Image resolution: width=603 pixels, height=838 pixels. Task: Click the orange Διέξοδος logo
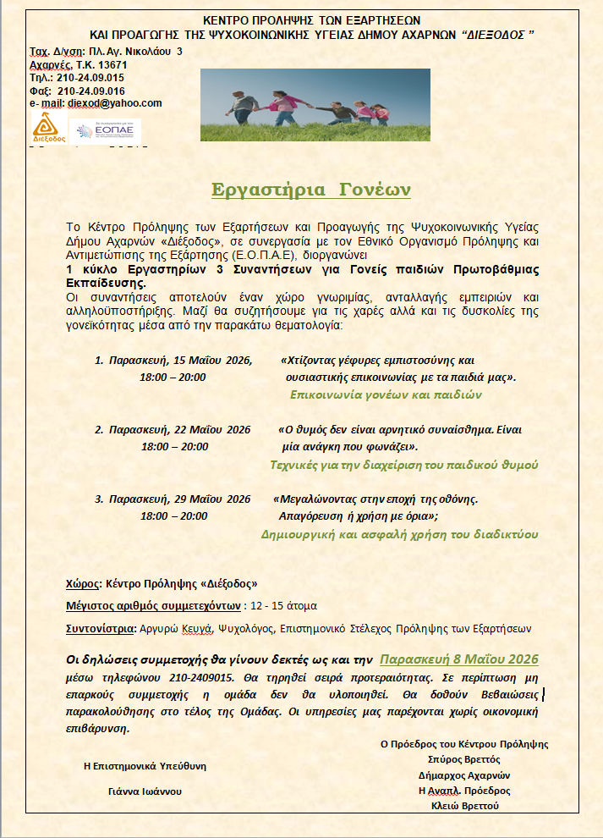[x=47, y=129]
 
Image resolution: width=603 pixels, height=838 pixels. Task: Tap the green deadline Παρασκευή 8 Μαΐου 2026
[x=459, y=659]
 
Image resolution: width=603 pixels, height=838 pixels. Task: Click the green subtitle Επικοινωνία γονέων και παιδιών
[x=386, y=394]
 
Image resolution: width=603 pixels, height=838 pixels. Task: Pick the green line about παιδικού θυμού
[x=403, y=465]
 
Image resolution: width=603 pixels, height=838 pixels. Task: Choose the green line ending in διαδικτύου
[x=397, y=534]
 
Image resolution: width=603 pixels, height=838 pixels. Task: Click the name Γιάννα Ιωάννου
[x=145, y=791]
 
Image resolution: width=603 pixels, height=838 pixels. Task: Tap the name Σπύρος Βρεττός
[x=464, y=759]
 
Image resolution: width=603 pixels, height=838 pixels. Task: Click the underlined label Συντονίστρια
[x=99, y=629]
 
